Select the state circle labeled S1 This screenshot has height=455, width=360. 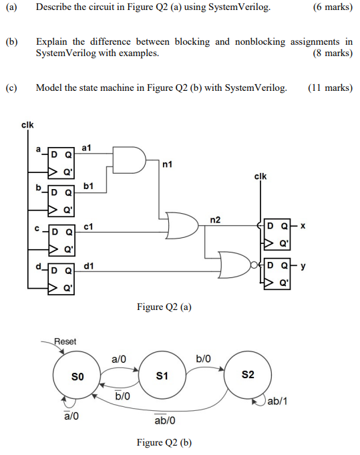162,376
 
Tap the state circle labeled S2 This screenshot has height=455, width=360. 248,376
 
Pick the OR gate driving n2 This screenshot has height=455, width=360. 183,226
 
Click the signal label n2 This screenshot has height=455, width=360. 215,218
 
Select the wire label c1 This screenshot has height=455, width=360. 87,227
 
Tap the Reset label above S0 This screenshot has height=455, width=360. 65,341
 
